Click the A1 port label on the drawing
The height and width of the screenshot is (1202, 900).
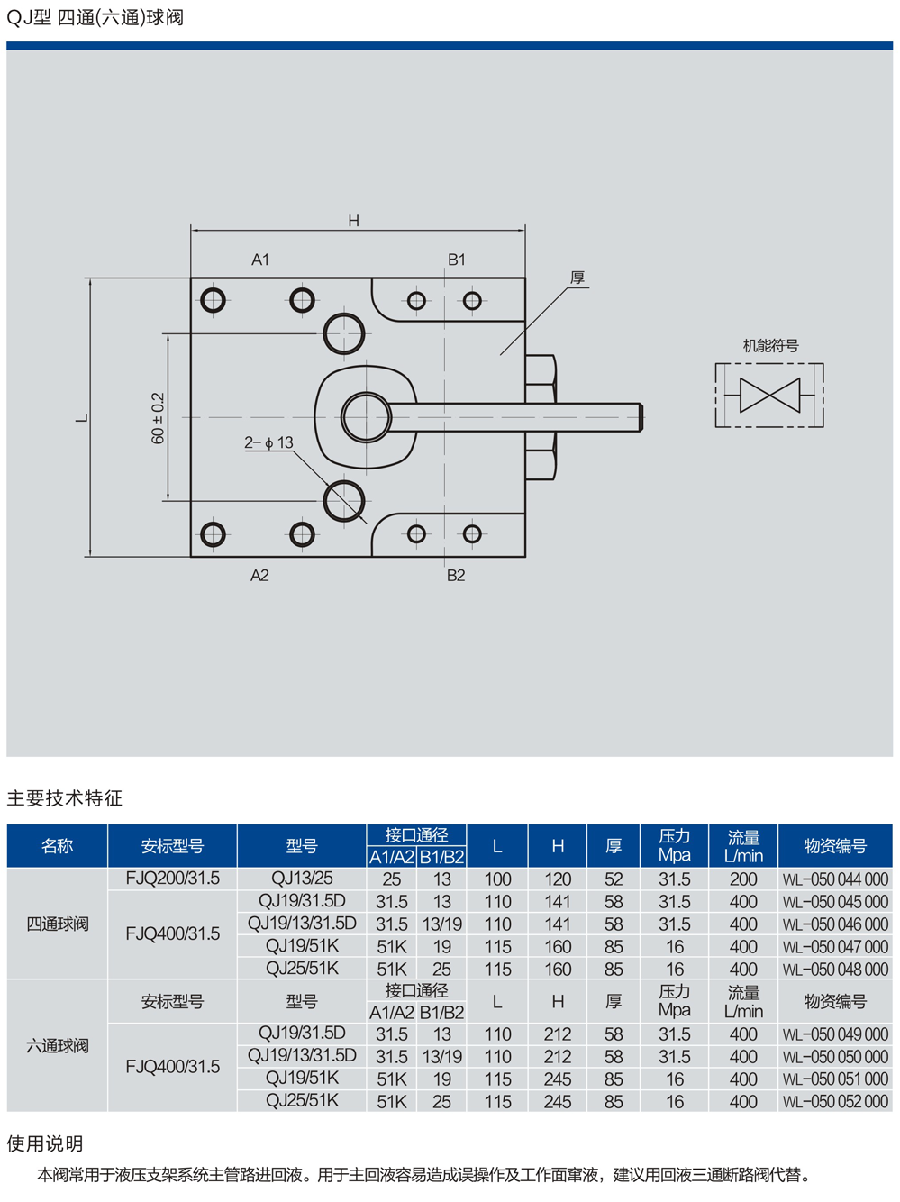[x=260, y=260]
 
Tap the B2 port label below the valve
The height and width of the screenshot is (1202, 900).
[x=456, y=575]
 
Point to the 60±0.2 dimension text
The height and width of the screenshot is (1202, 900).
[x=159, y=417]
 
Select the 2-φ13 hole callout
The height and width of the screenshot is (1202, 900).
[x=268, y=442]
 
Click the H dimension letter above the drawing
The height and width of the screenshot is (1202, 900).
[x=353, y=221]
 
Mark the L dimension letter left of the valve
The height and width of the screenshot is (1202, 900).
[x=82, y=418]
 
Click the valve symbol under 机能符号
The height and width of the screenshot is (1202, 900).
[x=769, y=395]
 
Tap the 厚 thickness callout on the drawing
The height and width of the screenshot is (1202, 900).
[x=577, y=278]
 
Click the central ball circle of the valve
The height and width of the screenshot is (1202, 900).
[x=366, y=417]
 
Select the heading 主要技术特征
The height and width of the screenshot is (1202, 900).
[x=64, y=797]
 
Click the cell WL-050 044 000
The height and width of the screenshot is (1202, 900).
[x=835, y=879]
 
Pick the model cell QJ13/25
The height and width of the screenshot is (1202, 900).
[x=302, y=879]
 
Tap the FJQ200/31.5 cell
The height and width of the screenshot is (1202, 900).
[x=172, y=879]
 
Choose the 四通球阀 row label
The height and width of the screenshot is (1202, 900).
[x=58, y=924]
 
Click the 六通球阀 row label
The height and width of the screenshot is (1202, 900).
[x=58, y=1046]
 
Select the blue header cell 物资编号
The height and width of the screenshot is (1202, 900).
[x=835, y=846]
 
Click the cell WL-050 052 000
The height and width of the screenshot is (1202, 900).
[x=835, y=1101]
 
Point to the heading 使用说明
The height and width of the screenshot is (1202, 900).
[x=45, y=1143]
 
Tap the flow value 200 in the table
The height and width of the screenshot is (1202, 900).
[x=743, y=879]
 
